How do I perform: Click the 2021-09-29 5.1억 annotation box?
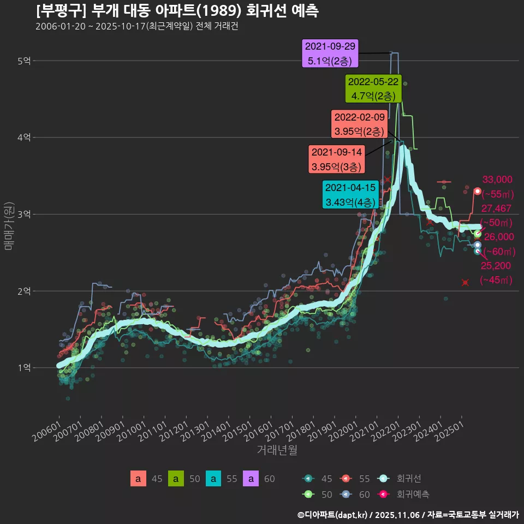(330, 53)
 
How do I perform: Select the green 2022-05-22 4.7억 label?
(374, 89)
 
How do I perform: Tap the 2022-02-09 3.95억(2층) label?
(359, 124)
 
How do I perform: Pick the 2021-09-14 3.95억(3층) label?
(336, 159)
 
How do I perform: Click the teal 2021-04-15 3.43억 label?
(350, 195)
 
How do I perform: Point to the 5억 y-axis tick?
(23, 61)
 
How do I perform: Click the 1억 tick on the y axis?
(23, 368)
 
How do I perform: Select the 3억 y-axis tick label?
(23, 215)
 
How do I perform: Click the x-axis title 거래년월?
(277, 451)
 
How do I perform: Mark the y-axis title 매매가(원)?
(8, 226)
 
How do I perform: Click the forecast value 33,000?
(497, 179)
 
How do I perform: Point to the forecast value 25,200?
(495, 266)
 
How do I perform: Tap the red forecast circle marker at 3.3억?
(477, 192)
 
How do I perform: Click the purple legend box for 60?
(251, 479)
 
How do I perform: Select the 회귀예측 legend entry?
(412, 495)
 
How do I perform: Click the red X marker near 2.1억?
(465, 282)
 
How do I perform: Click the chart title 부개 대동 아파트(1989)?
(177, 10)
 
